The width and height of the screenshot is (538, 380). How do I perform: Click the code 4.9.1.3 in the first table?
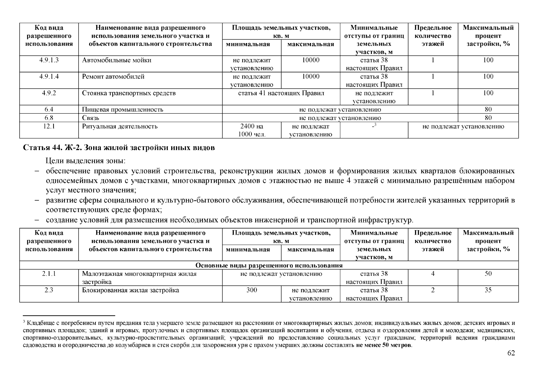coord(49,60)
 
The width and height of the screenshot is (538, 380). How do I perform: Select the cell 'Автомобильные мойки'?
coord(117,60)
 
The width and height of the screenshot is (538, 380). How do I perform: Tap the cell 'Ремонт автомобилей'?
coord(113,77)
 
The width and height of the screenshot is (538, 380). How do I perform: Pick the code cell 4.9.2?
coord(49,93)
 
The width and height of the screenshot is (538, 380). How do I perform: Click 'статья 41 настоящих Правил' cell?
coord(281,93)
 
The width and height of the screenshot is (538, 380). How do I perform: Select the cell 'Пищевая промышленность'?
coord(122,110)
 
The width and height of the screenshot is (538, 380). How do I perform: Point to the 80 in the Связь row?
coord(488,118)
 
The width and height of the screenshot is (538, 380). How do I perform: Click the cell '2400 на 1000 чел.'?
coord(252,130)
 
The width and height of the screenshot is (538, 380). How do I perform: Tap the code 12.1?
coord(49,126)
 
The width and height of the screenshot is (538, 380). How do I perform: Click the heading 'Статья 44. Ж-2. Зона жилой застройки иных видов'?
coord(119,148)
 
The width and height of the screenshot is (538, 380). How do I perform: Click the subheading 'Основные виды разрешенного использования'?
coord(269,265)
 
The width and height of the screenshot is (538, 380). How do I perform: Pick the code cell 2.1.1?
coord(49,274)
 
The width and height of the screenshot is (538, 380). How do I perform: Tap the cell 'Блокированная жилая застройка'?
coord(130,290)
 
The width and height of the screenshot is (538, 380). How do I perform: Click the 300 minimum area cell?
coord(252,290)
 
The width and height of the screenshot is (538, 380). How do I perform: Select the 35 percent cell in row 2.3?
coord(488,290)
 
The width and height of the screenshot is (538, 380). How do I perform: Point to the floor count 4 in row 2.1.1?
coord(433,274)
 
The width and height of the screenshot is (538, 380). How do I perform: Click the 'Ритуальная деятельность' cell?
coord(120,126)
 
